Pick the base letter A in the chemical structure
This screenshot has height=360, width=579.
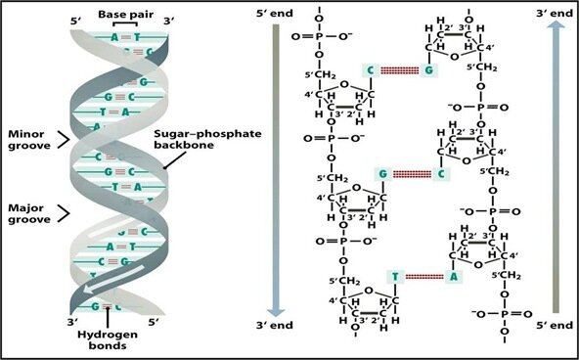tap(453, 277)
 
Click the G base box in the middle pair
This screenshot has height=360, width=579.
tap(383, 174)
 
